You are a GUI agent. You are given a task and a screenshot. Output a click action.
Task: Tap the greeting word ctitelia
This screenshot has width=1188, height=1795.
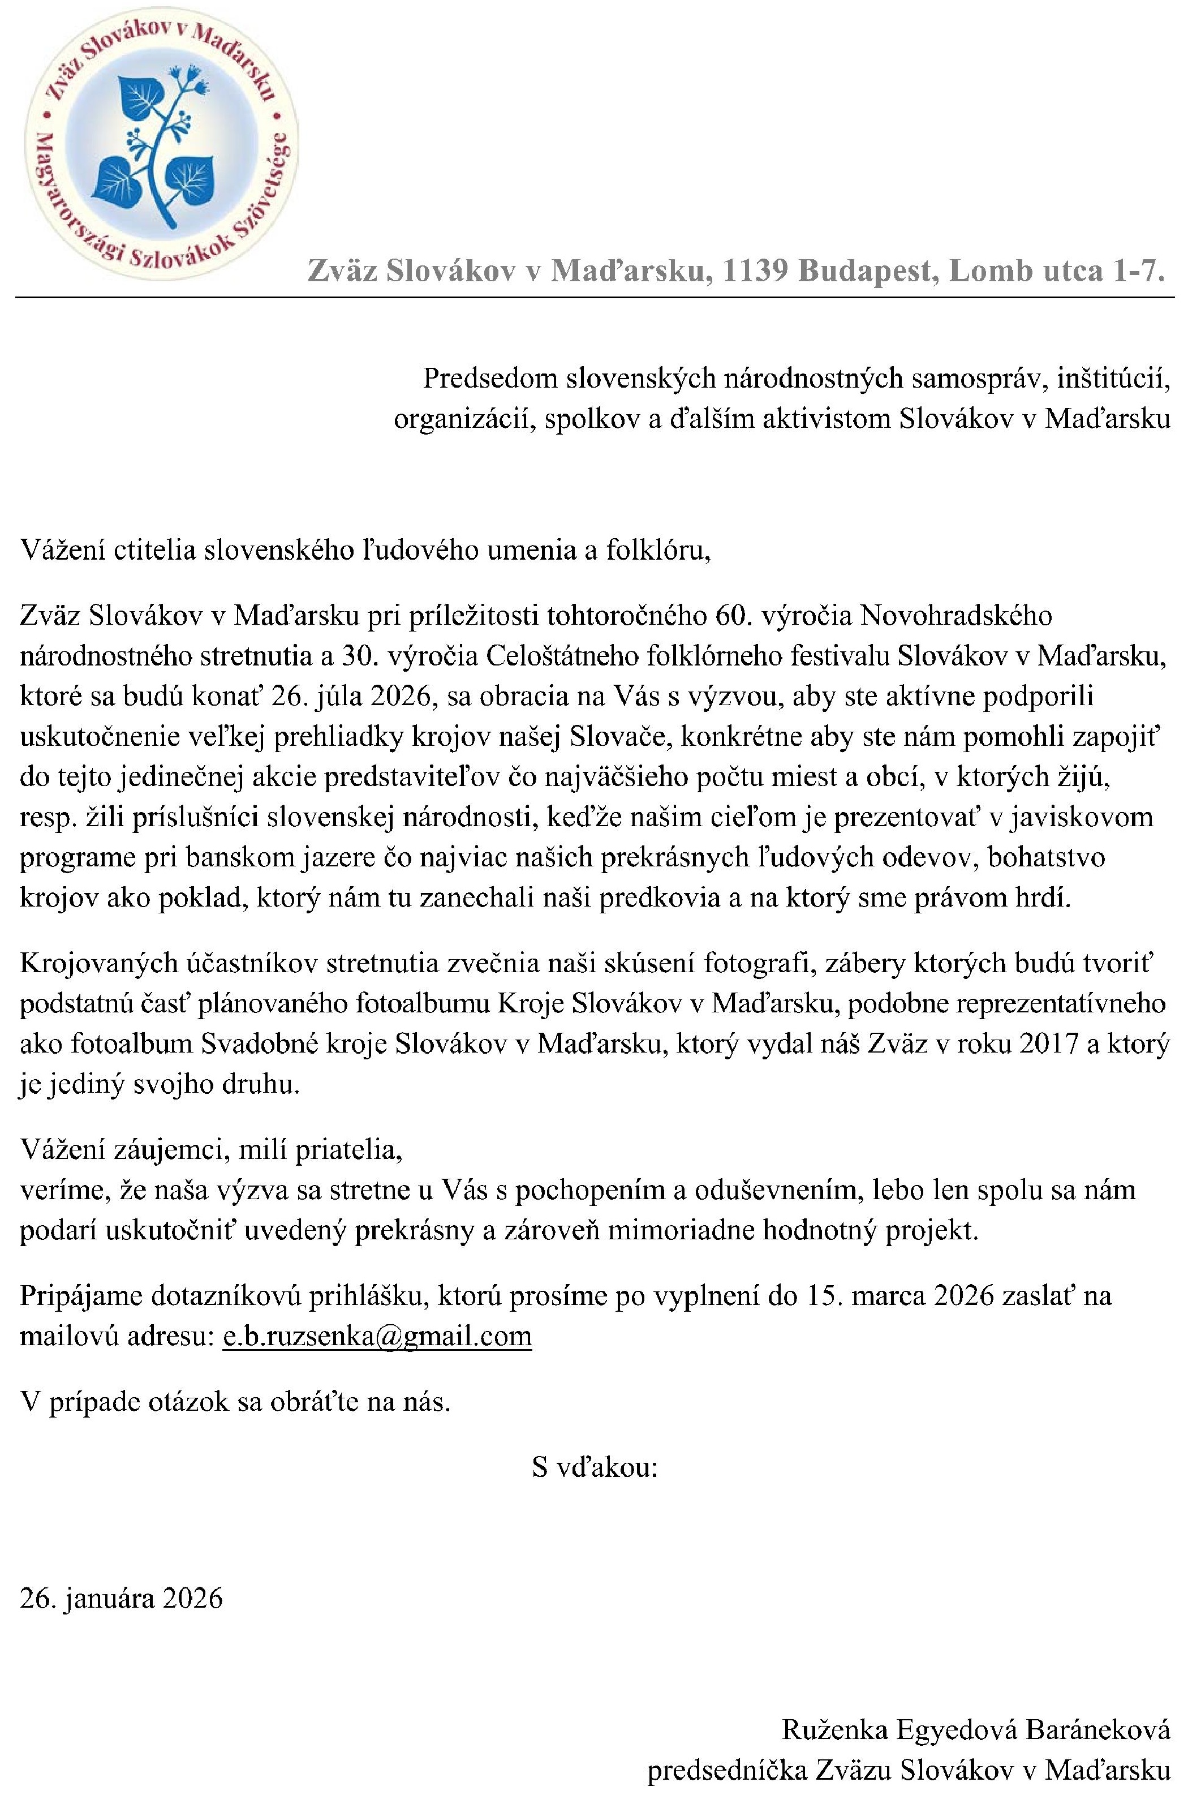[x=156, y=549]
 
